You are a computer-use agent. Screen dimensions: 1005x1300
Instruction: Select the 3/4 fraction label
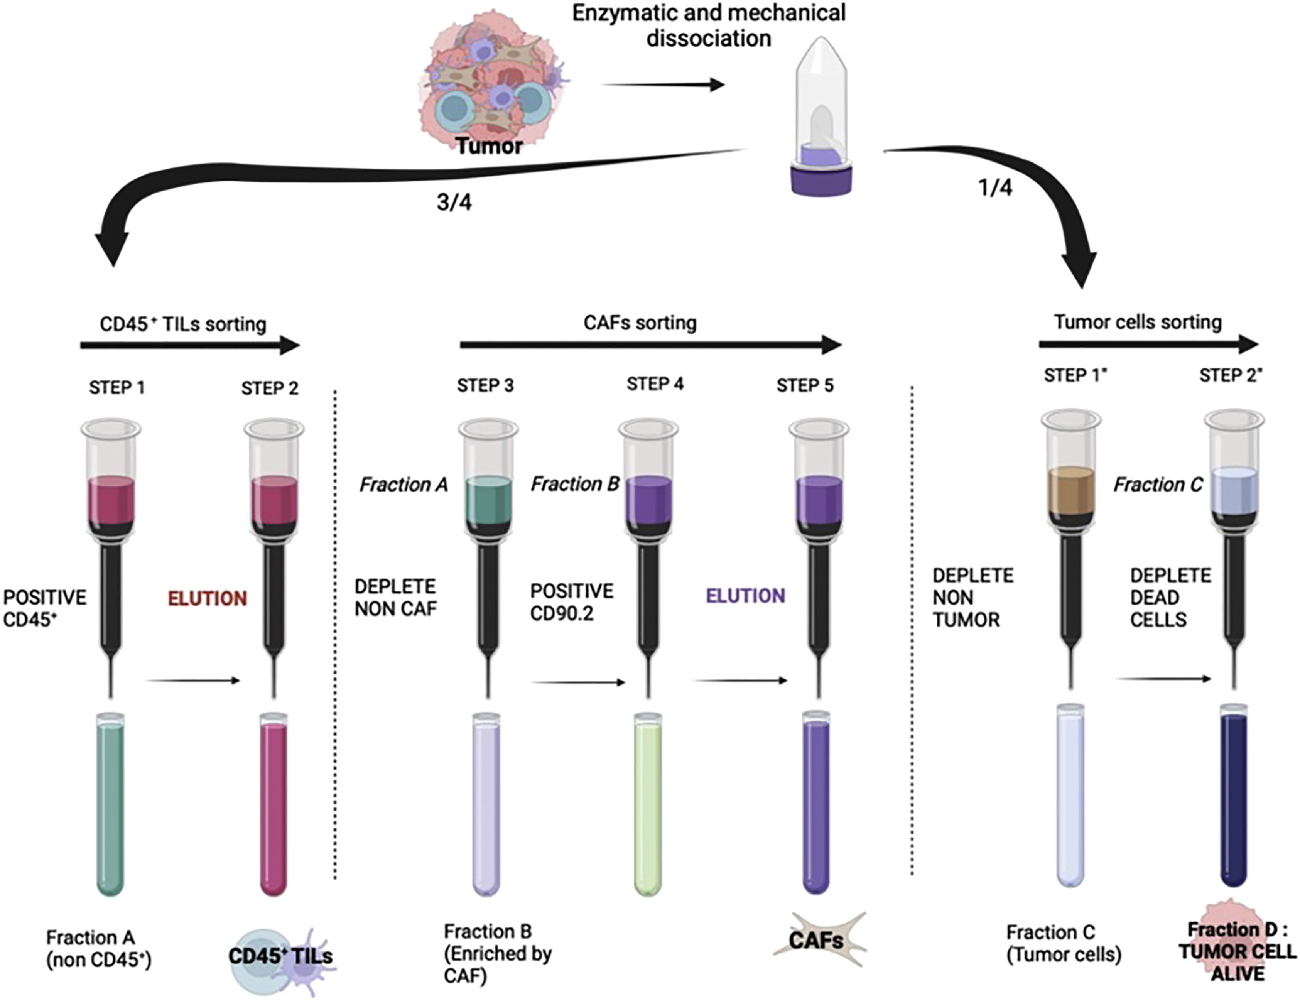click(x=454, y=203)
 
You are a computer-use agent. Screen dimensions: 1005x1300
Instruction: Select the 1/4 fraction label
click(x=995, y=188)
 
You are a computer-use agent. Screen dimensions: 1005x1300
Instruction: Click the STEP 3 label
click(x=485, y=386)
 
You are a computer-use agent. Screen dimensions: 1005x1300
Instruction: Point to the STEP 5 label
click(x=805, y=386)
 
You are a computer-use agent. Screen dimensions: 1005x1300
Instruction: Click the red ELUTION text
click(x=207, y=598)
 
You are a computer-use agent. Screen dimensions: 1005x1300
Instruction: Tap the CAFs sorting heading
click(x=640, y=323)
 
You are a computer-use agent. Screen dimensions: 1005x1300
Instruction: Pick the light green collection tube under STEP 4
click(x=648, y=804)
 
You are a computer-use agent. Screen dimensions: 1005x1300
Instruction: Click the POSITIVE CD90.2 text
click(x=571, y=602)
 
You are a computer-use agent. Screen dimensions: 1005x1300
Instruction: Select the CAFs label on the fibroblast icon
click(x=816, y=940)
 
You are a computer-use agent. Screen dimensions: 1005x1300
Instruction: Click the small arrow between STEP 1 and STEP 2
click(x=192, y=680)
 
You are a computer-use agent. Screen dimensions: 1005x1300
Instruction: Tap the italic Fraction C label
click(x=1158, y=485)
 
